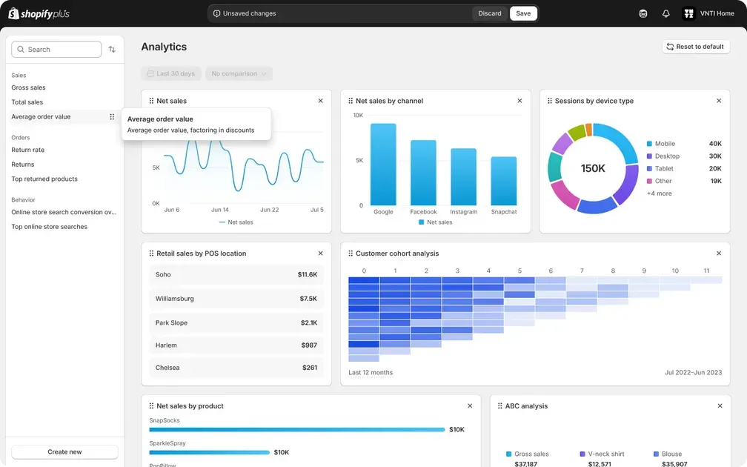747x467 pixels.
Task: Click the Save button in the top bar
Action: click(x=523, y=13)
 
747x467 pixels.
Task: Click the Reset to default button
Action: click(x=695, y=47)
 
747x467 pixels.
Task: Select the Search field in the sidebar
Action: click(x=57, y=50)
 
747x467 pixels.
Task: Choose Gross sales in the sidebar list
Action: click(x=28, y=87)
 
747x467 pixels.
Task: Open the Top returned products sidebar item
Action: click(x=44, y=179)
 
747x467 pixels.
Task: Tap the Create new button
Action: click(x=64, y=451)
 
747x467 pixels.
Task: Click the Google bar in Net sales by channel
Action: click(x=383, y=165)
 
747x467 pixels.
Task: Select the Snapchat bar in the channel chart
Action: click(x=504, y=181)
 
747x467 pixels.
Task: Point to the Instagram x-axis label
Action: click(x=464, y=212)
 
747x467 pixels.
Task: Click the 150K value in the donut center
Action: click(x=593, y=168)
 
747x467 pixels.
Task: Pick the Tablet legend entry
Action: click(x=664, y=168)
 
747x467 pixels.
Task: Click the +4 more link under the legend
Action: click(x=659, y=193)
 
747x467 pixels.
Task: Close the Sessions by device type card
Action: click(x=719, y=101)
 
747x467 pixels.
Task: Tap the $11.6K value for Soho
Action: click(x=308, y=274)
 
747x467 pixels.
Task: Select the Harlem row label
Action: click(x=166, y=345)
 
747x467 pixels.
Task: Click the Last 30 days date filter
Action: click(x=171, y=73)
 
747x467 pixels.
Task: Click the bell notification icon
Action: click(x=665, y=13)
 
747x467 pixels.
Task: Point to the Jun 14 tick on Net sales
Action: click(x=220, y=210)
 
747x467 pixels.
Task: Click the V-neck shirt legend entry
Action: click(x=606, y=454)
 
